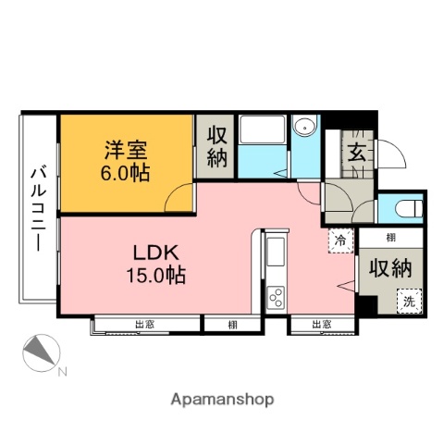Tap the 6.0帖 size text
[x=126, y=173]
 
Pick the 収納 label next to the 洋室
[x=216, y=146]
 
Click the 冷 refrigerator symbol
[x=341, y=241]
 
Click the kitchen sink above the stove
[x=277, y=253]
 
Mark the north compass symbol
[x=43, y=354]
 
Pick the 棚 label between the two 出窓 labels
[x=231, y=324]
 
